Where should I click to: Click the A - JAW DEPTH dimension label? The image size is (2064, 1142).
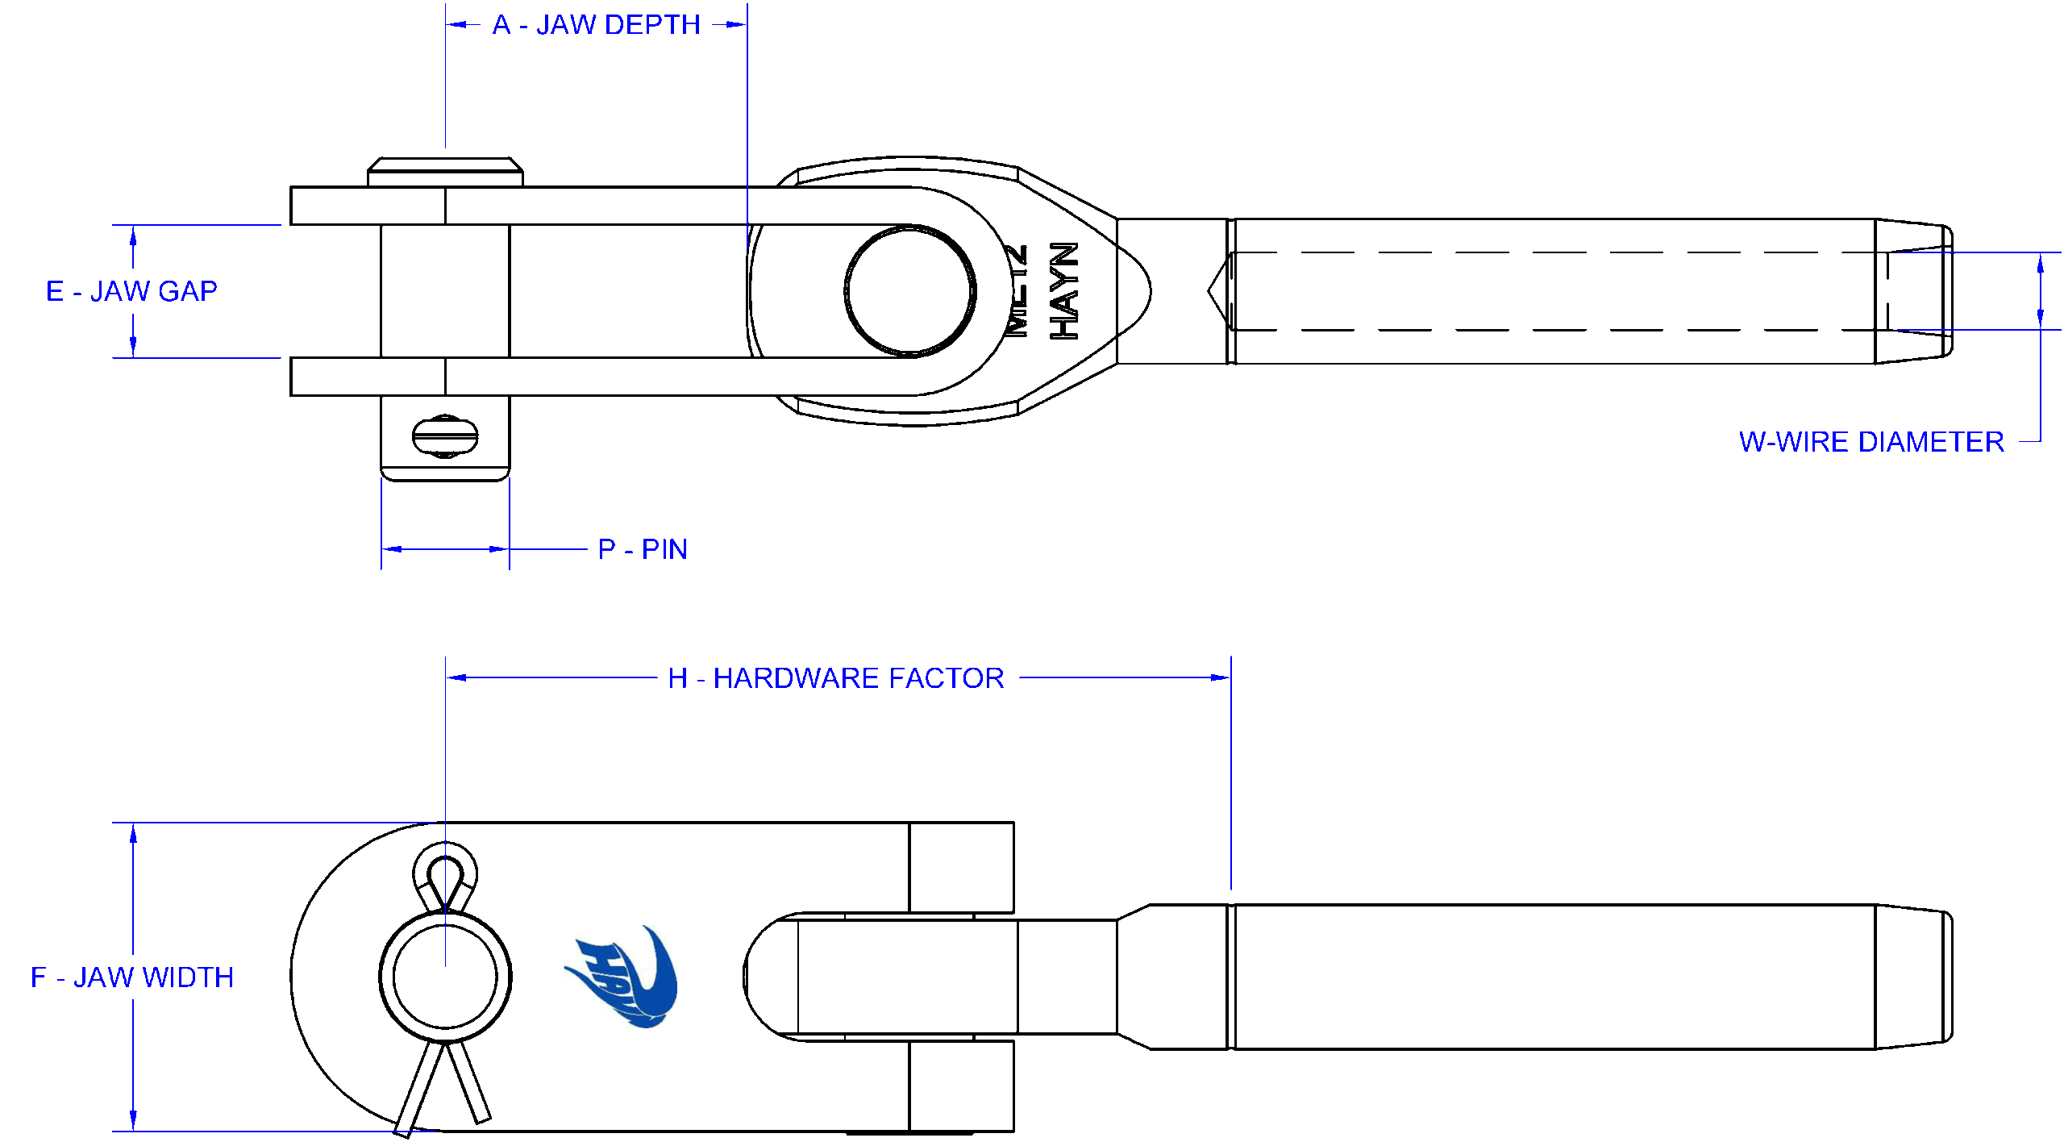point(596,25)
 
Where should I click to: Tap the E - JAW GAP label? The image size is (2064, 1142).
point(131,291)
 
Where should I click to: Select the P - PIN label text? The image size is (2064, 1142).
point(643,549)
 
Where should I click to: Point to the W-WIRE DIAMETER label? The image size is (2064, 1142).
point(1871,442)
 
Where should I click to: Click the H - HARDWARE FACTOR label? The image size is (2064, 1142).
point(836,678)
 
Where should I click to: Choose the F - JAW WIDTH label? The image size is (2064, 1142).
point(132,977)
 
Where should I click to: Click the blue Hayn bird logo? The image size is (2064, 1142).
point(626,977)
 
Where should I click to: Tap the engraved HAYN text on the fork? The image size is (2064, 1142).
point(1064,291)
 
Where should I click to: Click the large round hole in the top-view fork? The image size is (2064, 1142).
point(910,291)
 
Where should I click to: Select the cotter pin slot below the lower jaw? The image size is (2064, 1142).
point(445,436)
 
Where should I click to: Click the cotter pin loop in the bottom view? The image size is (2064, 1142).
point(445,875)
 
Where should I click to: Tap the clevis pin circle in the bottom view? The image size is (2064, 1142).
point(445,977)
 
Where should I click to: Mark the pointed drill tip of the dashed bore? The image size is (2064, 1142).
point(1212,291)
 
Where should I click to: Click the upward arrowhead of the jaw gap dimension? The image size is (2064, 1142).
point(133,235)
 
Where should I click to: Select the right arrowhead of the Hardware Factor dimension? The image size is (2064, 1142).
point(1221,678)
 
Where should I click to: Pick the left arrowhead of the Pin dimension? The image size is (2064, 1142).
point(392,549)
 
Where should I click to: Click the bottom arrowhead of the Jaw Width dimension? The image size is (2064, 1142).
point(133,1121)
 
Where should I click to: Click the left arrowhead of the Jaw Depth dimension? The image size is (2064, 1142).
point(456,25)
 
